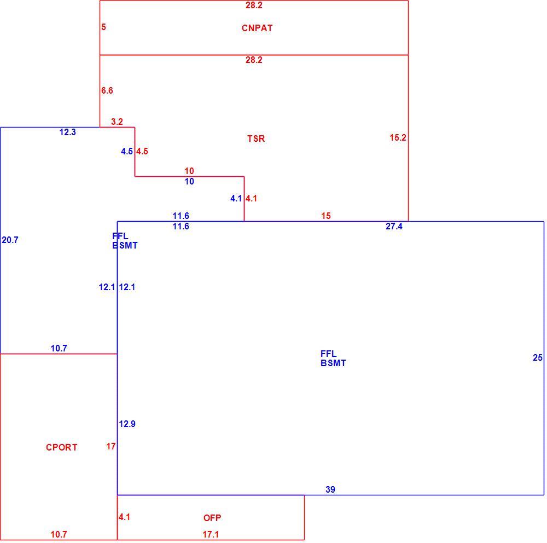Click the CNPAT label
point(257,28)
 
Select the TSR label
point(256,138)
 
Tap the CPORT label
point(61,447)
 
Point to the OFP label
point(212,518)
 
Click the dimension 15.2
point(398,137)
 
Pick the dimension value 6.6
point(107,90)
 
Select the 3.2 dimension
point(117,122)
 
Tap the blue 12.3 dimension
point(67,132)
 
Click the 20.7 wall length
point(10,240)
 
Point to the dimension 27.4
point(394,226)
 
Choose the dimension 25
point(538,357)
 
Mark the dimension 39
point(330,489)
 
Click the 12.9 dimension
point(127,424)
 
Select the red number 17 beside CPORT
point(111,446)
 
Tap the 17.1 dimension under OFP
point(211,534)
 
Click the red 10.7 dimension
point(59,534)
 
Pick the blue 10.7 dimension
point(59,348)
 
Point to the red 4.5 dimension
point(142,151)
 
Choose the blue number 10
point(189,181)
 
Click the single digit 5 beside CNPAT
point(103,27)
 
